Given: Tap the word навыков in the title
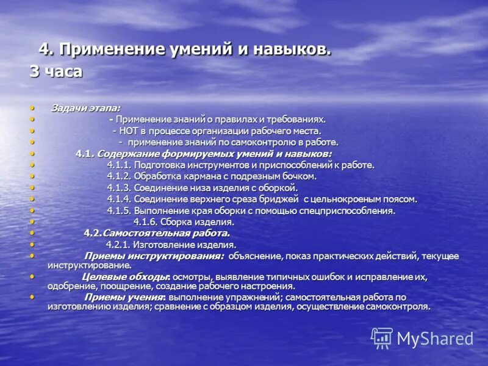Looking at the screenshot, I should [290, 49].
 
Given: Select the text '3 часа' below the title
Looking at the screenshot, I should [56, 71].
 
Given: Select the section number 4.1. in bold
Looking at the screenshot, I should [84, 153].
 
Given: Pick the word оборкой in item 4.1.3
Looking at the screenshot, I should [278, 187].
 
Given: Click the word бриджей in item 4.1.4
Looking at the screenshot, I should [281, 199].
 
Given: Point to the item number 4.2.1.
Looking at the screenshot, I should [119, 245].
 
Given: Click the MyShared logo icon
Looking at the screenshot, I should [382, 338].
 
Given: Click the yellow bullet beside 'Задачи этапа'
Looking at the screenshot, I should [32, 108].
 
